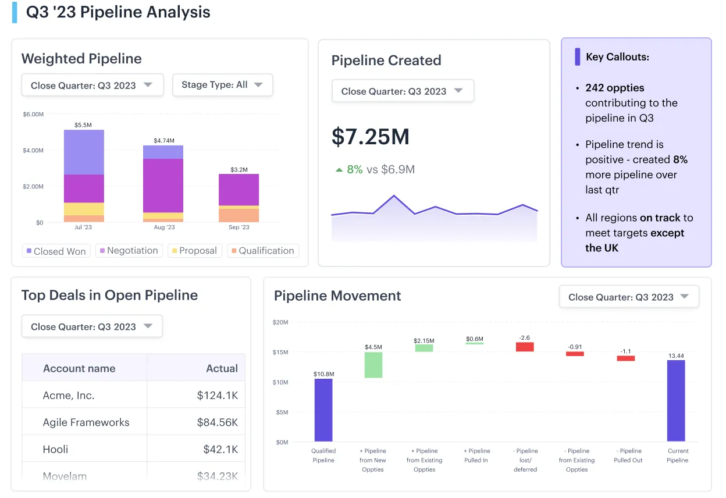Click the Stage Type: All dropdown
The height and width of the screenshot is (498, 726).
coord(222,85)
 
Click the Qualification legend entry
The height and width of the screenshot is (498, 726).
coord(262,251)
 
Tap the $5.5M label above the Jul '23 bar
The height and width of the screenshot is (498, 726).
coord(83,125)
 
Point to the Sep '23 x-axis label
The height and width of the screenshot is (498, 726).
coord(239,227)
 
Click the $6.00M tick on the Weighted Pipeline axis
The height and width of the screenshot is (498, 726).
coord(33,115)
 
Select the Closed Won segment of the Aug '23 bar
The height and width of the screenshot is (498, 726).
coord(163,152)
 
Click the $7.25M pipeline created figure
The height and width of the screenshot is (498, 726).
coord(371,137)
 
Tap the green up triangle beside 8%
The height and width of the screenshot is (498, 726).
coord(339,170)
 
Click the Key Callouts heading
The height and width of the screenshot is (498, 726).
coord(617,57)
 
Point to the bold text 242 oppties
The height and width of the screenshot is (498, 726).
coord(615,88)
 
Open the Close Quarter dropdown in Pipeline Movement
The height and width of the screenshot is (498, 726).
coord(628,297)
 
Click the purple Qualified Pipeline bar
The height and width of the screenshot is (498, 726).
coord(323,410)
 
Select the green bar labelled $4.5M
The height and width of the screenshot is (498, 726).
coord(373,365)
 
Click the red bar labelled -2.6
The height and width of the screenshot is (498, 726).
coord(525,347)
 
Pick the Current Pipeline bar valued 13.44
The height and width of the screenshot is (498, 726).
coord(676,400)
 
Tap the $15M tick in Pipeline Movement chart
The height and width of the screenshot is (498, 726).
coord(280,352)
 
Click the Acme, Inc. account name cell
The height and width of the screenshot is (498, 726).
coord(69,396)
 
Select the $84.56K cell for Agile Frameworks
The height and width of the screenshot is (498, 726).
coord(217,422)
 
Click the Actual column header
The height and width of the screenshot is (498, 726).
coord(222,368)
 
